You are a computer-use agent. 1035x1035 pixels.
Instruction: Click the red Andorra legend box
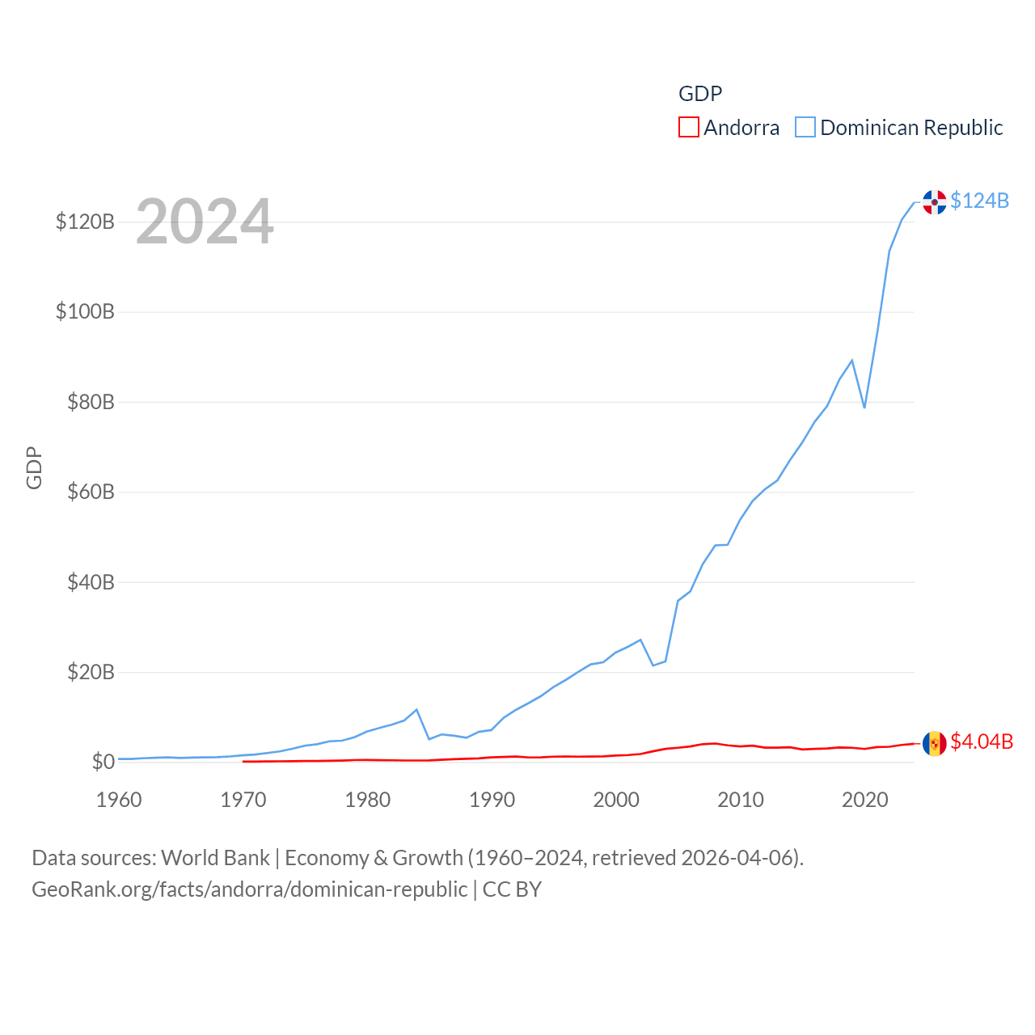coord(689,128)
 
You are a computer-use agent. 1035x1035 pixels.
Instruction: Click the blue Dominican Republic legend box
coord(805,128)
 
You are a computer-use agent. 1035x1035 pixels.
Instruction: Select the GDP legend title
coord(700,94)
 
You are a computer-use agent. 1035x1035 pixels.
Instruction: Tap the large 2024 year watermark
coord(205,222)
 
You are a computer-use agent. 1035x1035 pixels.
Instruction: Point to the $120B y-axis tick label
coord(85,222)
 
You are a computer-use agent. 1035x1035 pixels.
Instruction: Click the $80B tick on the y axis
coord(91,402)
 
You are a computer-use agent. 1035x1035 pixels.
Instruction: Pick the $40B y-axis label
coord(91,582)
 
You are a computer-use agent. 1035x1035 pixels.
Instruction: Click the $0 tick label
coord(103,762)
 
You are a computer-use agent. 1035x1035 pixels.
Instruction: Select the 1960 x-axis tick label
coord(119,800)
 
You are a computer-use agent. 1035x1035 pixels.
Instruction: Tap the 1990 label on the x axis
coord(492,800)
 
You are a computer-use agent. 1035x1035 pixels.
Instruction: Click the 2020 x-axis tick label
coord(865,800)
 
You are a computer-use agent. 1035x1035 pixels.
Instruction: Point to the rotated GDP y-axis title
coord(34,467)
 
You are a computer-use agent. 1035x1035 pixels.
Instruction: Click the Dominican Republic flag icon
coord(935,202)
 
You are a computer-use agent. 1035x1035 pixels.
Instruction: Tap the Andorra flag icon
coord(935,743)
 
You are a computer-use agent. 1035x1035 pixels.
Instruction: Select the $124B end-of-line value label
coord(979,201)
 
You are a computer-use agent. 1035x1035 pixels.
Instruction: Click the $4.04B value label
coord(982,741)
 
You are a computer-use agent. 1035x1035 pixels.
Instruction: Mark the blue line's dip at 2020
coord(864,407)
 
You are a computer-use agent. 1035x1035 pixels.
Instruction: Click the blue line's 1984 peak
coord(416,710)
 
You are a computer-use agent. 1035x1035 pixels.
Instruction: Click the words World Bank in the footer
coord(215,858)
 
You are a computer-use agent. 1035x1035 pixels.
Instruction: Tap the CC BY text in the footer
coord(512,889)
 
